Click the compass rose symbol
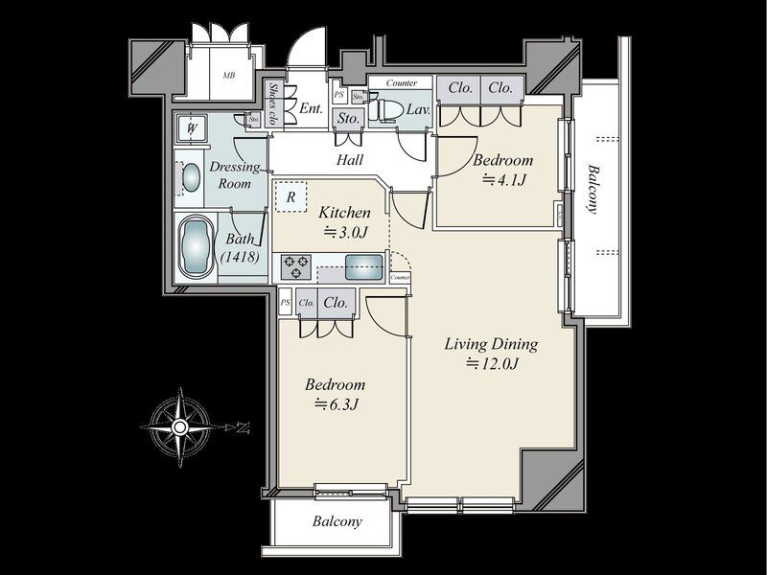click(180, 427)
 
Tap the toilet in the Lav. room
click(385, 110)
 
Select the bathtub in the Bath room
click(196, 247)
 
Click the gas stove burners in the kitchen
click(296, 267)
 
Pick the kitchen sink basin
click(364, 267)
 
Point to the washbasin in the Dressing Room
click(191, 177)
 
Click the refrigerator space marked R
click(291, 196)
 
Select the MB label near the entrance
click(229, 76)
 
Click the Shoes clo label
click(274, 103)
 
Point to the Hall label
click(350, 159)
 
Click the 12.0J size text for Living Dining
click(492, 363)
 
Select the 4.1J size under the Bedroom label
click(504, 180)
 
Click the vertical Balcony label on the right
click(593, 189)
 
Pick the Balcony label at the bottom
click(337, 521)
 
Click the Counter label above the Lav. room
click(402, 82)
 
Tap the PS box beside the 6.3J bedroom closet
click(285, 303)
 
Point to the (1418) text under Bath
click(241, 256)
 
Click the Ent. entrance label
click(311, 108)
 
